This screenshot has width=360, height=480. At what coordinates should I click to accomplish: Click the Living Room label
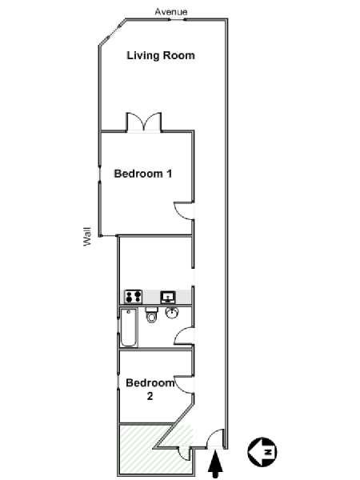click(161, 55)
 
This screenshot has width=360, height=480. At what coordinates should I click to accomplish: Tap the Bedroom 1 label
click(143, 174)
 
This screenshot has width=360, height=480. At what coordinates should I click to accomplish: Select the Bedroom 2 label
click(150, 389)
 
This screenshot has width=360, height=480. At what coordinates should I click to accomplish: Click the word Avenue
click(171, 12)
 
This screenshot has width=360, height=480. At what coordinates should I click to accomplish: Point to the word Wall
click(87, 236)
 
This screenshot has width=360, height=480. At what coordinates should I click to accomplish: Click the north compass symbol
click(262, 451)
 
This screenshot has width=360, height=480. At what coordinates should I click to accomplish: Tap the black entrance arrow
click(215, 464)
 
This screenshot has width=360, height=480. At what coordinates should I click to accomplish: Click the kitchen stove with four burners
click(133, 297)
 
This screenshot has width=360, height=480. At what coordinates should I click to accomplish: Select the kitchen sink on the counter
click(168, 297)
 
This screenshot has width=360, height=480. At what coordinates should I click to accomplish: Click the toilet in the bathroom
click(151, 314)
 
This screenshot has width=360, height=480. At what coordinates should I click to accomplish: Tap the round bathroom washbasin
click(172, 313)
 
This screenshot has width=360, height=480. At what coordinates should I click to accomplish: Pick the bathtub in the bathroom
click(129, 328)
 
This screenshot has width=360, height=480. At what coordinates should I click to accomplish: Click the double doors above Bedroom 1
click(144, 122)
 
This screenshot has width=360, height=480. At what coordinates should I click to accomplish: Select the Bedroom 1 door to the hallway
click(184, 210)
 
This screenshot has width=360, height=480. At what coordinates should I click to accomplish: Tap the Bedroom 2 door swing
click(184, 383)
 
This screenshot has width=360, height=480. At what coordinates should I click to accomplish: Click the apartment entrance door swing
click(215, 438)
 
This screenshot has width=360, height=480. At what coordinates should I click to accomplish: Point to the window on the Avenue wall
click(178, 19)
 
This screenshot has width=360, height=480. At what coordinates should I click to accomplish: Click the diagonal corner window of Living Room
click(112, 33)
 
